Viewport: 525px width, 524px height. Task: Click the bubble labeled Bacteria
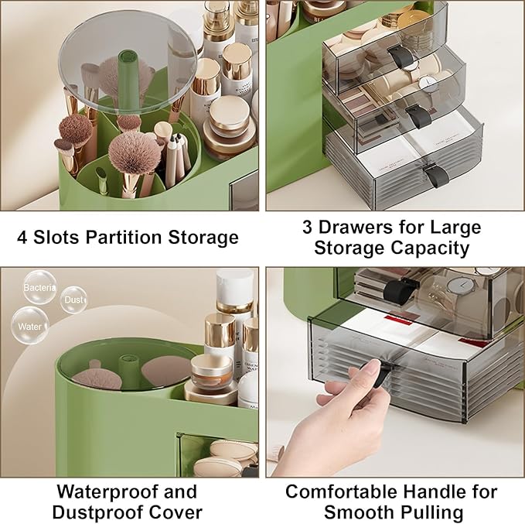39,287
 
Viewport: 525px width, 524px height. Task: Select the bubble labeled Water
30,325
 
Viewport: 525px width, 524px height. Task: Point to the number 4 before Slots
22,237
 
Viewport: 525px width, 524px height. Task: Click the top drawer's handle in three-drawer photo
397,56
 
